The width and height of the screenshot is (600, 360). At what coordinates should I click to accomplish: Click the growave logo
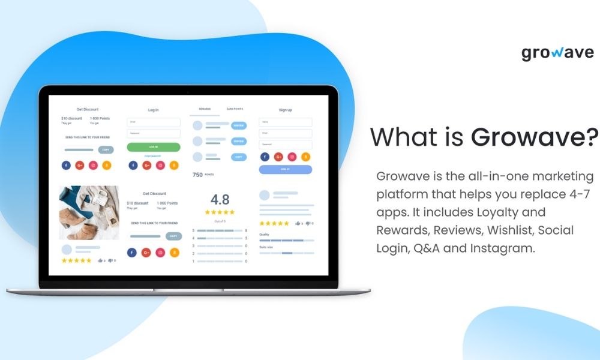[557, 53]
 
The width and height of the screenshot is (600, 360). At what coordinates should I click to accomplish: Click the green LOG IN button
[154, 147]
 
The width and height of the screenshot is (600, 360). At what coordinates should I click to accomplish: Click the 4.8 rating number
[220, 200]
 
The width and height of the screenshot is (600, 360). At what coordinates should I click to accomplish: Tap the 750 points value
[197, 175]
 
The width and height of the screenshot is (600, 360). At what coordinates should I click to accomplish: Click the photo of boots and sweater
[89, 212]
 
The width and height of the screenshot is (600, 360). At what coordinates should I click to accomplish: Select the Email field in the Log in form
[154, 122]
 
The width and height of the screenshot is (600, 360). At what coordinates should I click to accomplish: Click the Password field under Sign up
[286, 145]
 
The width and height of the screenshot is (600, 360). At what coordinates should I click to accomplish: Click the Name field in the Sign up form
[286, 122]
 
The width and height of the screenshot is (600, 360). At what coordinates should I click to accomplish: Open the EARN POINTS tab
[235, 109]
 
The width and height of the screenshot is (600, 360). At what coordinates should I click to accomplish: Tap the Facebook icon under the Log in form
[133, 165]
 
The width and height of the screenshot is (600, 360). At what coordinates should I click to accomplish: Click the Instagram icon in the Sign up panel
[292, 157]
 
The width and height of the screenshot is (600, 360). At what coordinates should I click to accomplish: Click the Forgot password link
[154, 156]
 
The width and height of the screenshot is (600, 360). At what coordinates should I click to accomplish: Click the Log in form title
[154, 110]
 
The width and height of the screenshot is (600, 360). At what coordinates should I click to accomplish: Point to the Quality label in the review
[265, 234]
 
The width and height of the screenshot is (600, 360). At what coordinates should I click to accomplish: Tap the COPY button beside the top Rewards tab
[239, 157]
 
